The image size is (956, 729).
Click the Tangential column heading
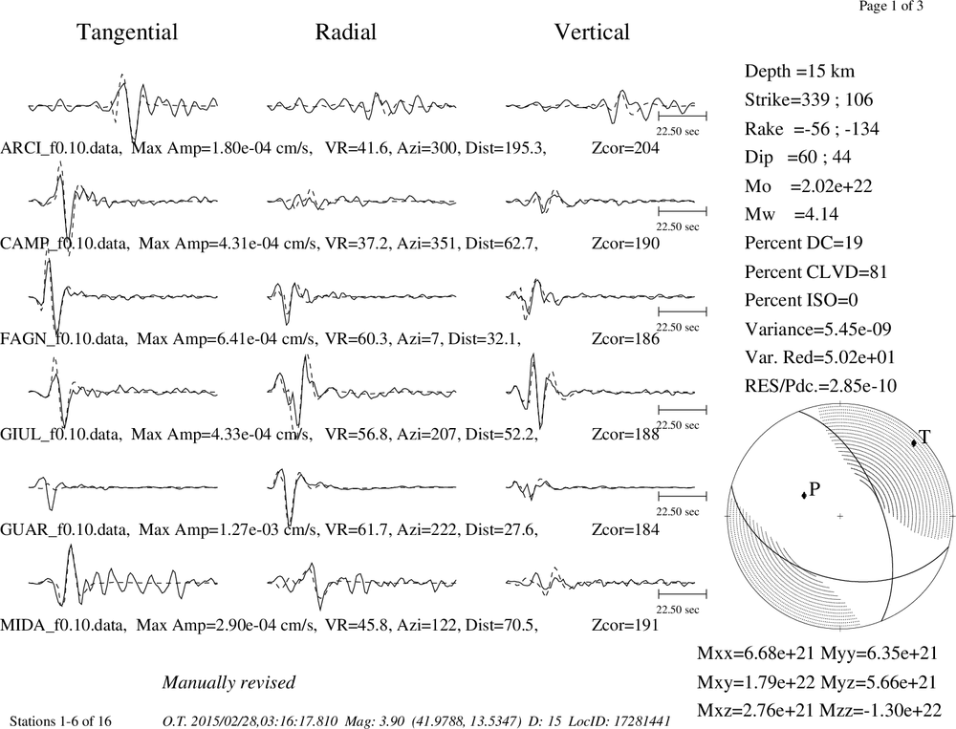127,32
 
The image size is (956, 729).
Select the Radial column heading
346,32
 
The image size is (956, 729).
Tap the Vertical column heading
592,32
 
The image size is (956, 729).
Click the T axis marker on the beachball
913,443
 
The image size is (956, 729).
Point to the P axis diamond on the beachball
804,495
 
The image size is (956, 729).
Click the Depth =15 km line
799,72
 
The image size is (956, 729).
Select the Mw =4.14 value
792,215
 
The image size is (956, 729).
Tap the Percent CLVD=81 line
815,272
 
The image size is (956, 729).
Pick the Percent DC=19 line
804,244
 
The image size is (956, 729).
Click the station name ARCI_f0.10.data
59,148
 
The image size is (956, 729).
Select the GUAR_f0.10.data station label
65,529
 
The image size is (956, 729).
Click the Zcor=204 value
625,148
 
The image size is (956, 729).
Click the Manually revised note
228,682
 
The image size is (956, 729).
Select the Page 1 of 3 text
891,6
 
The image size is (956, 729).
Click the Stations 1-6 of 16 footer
61,721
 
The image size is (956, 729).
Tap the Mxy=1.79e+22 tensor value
755,682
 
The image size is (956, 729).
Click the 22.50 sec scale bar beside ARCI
683,116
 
